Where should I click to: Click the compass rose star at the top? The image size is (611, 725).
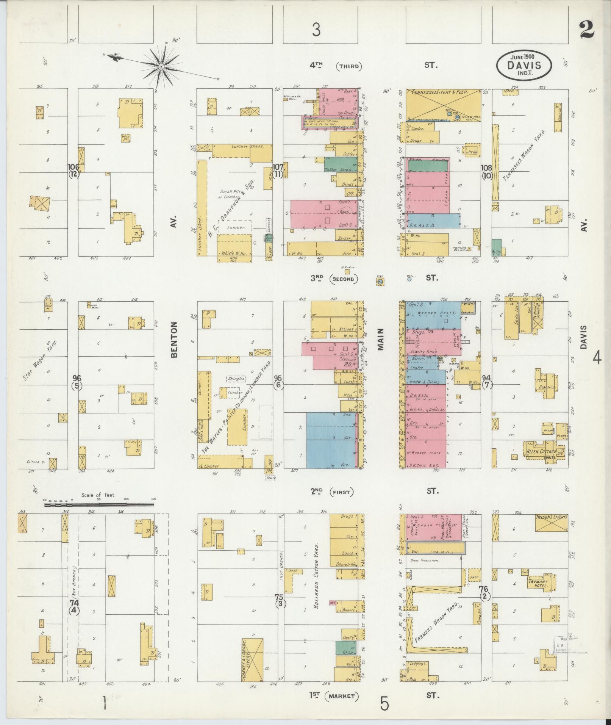pyautogui.click(x=161, y=67)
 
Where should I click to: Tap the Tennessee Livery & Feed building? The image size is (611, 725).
pyautogui.click(x=443, y=104)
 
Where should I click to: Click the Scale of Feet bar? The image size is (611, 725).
pyautogui.click(x=99, y=504)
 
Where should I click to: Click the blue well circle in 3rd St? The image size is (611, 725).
pyautogui.click(x=409, y=280)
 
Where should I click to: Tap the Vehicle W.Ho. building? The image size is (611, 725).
pyautogui.click(x=234, y=248)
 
